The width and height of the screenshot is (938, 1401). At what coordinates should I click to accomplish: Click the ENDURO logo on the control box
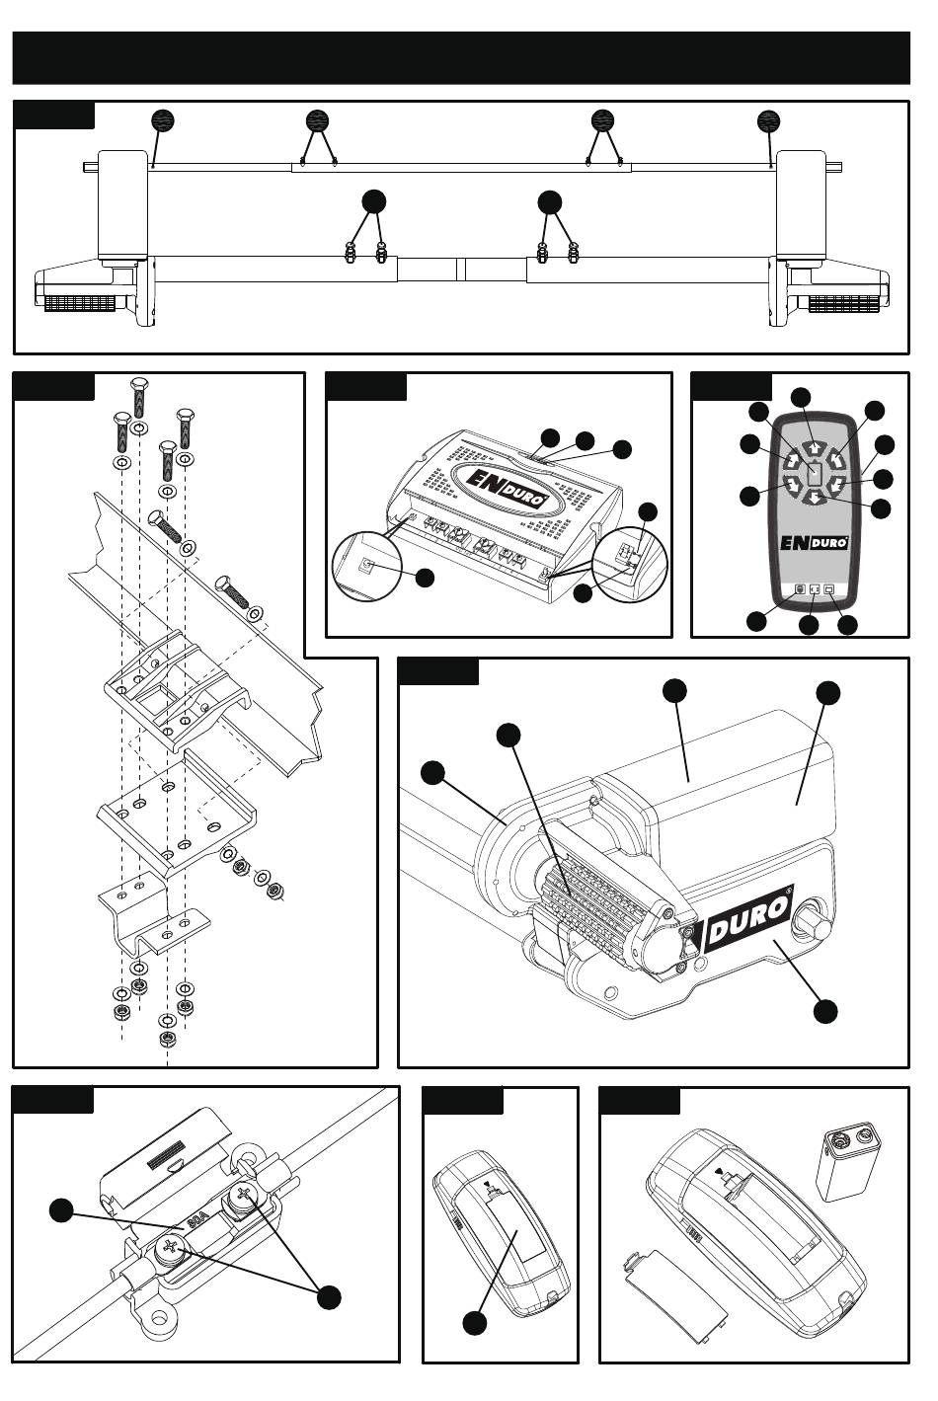(502, 488)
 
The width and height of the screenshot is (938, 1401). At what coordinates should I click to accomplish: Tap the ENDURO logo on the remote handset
(815, 542)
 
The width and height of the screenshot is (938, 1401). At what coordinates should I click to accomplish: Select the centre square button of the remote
(814, 473)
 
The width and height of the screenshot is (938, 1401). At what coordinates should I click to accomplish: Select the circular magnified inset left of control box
(367, 567)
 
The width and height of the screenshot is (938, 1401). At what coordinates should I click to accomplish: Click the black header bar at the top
(461, 57)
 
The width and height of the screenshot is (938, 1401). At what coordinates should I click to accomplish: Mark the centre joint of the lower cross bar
(460, 270)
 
